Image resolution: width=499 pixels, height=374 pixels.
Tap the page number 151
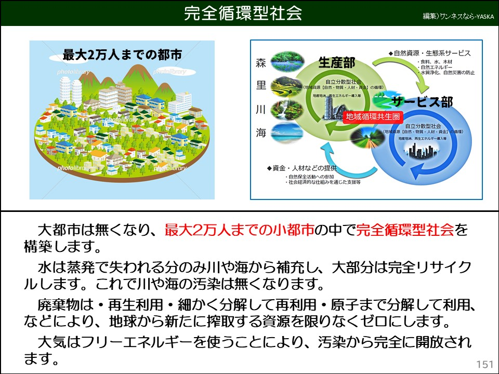tap(484, 363)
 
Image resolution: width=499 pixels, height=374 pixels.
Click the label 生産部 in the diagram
tap(336, 63)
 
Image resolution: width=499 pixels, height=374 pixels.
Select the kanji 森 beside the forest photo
tap(261, 63)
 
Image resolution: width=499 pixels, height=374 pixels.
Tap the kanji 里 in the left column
tap(261, 86)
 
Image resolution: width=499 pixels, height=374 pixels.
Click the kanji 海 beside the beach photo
tap(261, 132)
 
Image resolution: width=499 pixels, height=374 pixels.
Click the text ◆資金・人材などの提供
tap(301, 168)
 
